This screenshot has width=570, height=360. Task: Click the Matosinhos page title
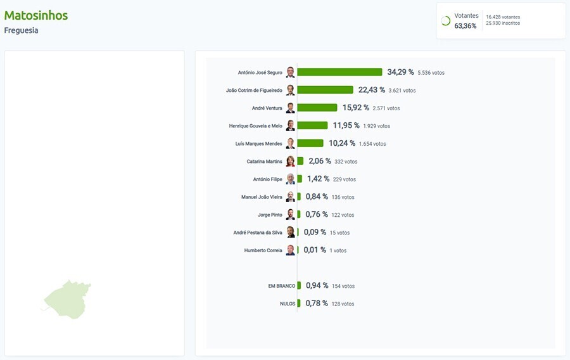35,15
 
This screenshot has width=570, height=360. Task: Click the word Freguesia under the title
21,30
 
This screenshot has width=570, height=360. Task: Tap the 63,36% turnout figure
465,26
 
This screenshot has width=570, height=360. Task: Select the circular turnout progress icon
445,21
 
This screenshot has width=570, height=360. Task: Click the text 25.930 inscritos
503,23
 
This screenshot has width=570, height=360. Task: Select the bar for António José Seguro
339,72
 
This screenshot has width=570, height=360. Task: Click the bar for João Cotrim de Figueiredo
325,90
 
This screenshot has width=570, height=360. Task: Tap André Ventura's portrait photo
290,108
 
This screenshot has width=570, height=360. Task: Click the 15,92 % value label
355,108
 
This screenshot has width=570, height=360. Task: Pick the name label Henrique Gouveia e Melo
255,126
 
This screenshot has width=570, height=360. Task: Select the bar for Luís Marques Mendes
310,143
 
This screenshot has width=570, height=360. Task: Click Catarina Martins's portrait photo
290,162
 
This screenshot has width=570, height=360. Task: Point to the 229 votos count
344,179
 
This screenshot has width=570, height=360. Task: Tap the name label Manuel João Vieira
262,197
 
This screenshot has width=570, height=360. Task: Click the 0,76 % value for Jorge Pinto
317,214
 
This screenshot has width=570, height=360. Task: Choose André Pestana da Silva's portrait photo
290,233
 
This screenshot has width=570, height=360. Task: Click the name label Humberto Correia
263,250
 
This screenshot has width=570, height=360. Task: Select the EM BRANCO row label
281,286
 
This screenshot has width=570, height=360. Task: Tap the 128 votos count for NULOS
343,304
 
